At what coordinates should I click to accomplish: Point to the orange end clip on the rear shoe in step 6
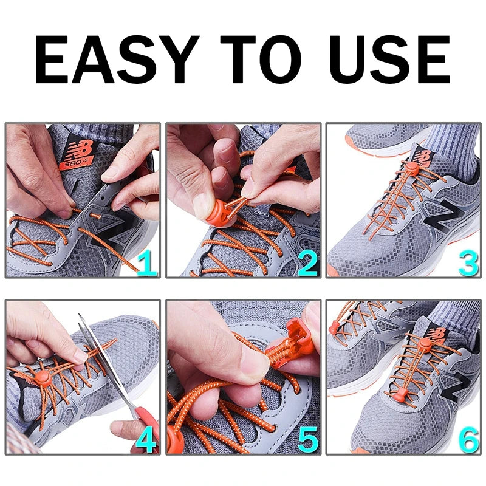332,329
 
